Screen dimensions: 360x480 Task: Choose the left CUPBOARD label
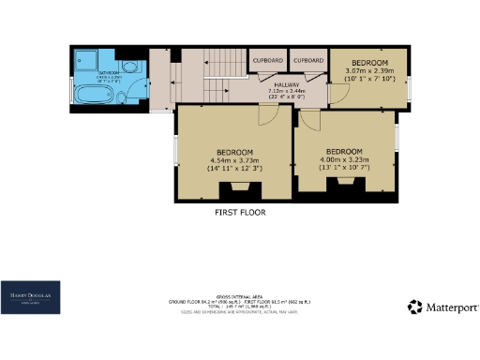coord(267,60)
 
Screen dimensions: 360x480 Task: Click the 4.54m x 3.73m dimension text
coord(233,159)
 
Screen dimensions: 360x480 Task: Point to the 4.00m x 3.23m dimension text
coord(344,159)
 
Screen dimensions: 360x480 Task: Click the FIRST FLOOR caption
coord(240,213)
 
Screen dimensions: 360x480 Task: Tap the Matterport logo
coord(444,307)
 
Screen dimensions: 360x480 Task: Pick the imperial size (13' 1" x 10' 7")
coord(344,169)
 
